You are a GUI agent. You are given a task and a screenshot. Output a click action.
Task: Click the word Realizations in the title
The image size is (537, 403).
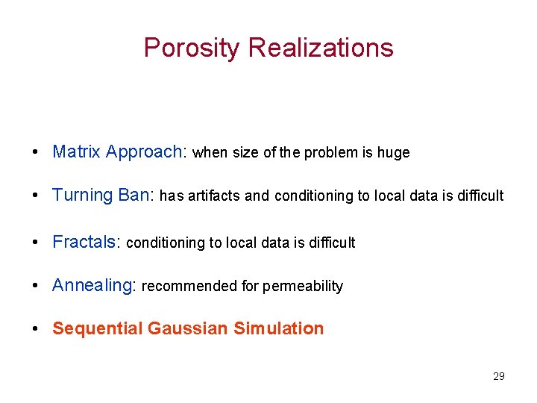click(321, 48)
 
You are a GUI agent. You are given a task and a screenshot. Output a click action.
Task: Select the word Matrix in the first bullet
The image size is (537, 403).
click(76, 152)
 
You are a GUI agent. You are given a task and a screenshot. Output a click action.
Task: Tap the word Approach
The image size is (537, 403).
click(144, 152)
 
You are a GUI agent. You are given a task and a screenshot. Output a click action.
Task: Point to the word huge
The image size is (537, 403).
click(393, 153)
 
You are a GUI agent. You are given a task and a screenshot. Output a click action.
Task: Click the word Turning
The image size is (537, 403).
click(82, 196)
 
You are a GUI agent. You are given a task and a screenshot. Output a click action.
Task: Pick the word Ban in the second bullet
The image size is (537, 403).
click(134, 196)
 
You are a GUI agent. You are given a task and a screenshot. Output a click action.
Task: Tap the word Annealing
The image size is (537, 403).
click(92, 286)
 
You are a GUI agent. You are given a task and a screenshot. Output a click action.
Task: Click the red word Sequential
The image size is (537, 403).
click(98, 329)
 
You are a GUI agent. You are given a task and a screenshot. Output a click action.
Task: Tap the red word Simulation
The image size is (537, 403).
click(279, 329)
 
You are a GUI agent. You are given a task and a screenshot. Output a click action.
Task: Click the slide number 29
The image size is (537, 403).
click(499, 376)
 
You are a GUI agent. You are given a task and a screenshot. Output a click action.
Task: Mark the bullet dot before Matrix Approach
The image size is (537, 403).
click(35, 153)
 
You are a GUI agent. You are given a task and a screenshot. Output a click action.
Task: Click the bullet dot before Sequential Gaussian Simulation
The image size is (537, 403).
click(35, 329)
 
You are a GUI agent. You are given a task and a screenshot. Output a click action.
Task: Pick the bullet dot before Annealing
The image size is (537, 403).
click(35, 287)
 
